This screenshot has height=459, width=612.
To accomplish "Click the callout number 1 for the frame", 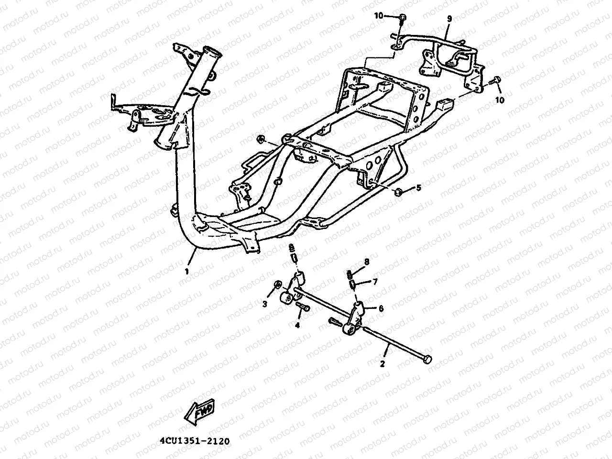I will click(187, 271).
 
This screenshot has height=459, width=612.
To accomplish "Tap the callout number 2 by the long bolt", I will click(382, 364).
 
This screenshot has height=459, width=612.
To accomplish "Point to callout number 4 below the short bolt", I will click(297, 325).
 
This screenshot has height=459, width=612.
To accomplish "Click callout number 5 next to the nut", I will click(418, 188).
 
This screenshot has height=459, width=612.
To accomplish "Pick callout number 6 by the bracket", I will click(381, 308).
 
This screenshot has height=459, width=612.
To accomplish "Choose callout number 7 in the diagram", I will click(375, 282).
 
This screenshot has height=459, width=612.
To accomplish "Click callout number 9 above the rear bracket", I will click(449, 19).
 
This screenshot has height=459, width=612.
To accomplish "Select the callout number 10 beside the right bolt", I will click(499, 99).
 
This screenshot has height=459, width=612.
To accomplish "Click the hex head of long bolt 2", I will click(427, 359).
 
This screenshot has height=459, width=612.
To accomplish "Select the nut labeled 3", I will click(277, 286).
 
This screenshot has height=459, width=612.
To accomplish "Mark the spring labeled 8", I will click(350, 274).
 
